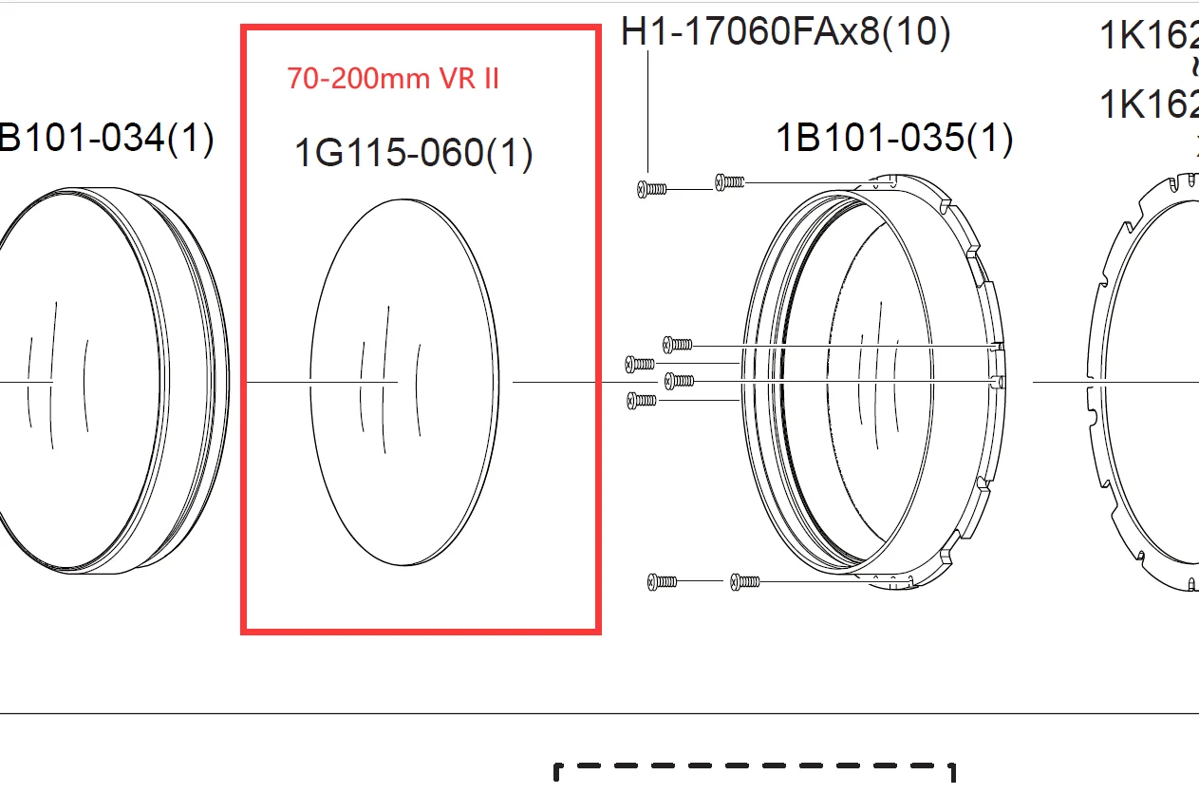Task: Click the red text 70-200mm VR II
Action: point(393,79)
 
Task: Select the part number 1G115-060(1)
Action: point(413,153)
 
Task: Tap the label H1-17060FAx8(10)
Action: point(785,32)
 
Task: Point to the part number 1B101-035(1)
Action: point(894,139)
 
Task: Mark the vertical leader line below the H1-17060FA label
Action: point(647,114)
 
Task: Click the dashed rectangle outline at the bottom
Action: point(755,765)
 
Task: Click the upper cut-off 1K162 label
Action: point(1149,36)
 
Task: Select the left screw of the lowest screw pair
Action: point(662,580)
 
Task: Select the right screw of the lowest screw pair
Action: point(745,580)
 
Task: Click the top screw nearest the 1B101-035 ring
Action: point(729,180)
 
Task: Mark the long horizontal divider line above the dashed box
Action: point(599,713)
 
